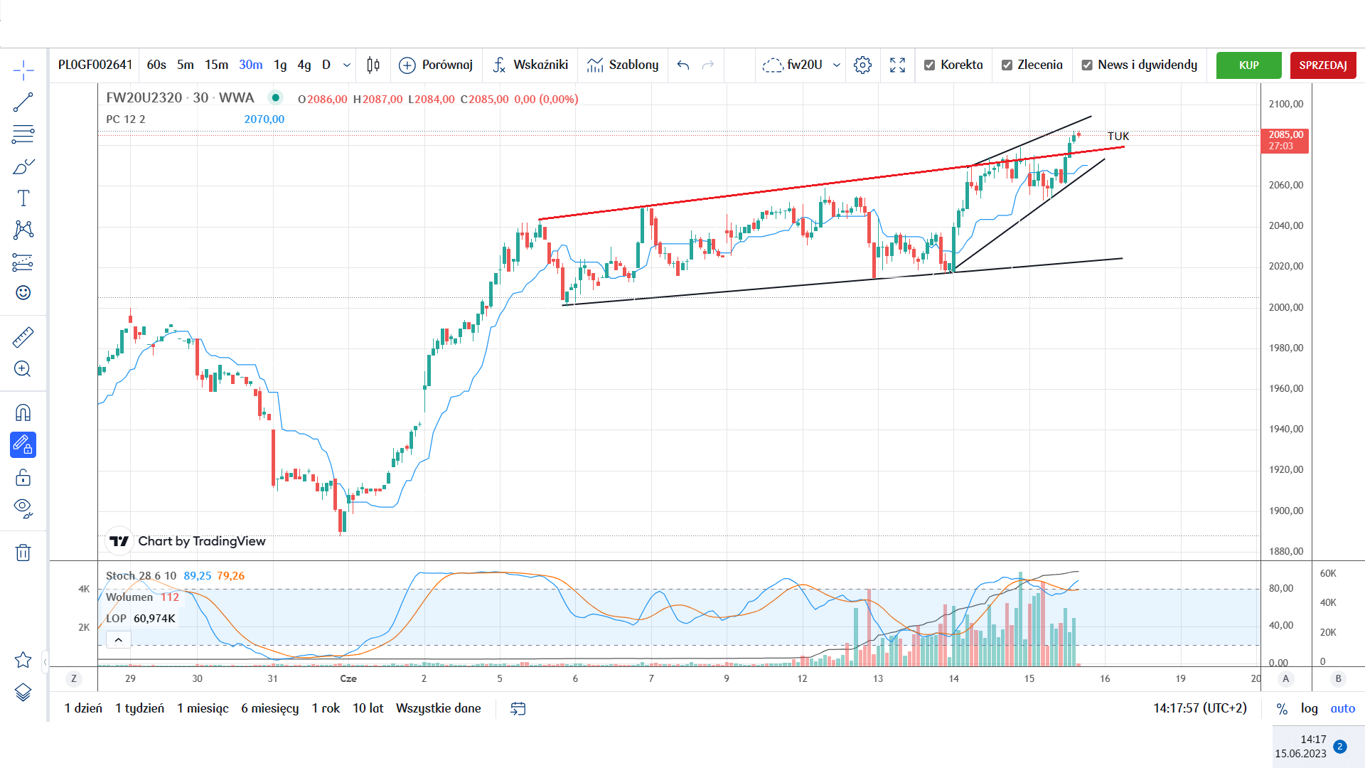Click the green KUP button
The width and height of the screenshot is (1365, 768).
[1248, 65]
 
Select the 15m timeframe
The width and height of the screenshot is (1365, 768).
[216, 65]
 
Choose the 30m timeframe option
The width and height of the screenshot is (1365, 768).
[250, 65]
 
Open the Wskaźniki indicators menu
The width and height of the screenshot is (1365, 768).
[530, 65]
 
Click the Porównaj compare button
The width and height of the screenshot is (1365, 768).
[436, 65]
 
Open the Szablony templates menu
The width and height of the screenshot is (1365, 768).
[623, 65]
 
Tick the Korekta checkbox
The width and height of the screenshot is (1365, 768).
[929, 65]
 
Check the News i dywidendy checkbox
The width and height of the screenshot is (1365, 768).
[1087, 65]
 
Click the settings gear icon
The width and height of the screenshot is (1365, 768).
[862, 65]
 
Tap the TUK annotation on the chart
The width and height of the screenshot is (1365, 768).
[1118, 136]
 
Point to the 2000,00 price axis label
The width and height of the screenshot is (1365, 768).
[1286, 307]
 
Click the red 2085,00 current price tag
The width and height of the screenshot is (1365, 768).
[1285, 140]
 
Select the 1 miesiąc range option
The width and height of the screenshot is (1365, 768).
[203, 708]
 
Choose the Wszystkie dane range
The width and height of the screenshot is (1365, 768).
[438, 708]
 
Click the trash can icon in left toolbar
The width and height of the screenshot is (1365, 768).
[23, 553]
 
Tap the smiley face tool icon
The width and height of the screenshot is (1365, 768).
[23, 293]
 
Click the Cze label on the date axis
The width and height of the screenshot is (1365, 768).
[348, 678]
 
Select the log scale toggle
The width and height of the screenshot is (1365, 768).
[1309, 708]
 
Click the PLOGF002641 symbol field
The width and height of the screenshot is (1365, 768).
[95, 65]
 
